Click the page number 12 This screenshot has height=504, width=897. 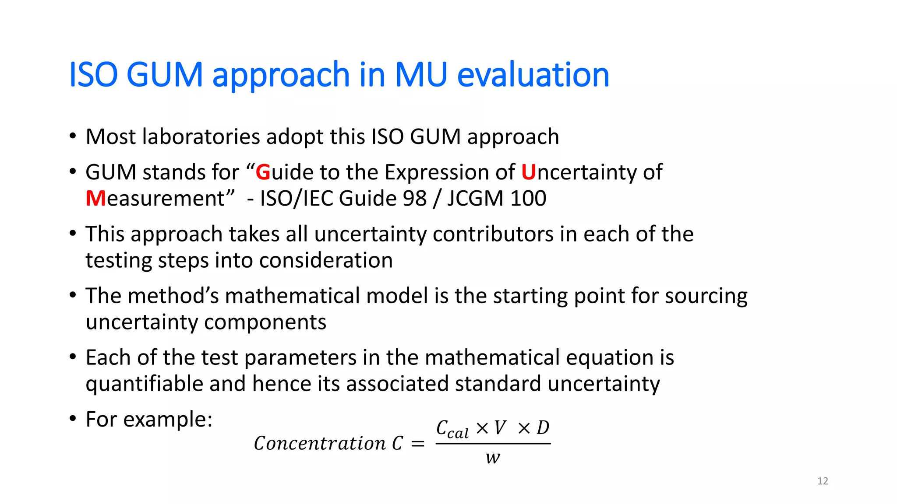823,481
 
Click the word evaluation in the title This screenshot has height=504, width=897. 533,74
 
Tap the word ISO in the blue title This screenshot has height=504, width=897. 93,74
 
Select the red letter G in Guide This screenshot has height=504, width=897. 263,172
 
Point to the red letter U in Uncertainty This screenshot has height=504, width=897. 528,172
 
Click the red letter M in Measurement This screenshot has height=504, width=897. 95,199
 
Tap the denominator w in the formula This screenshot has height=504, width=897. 492,458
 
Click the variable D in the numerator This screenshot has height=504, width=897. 543,428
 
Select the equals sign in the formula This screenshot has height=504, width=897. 418,444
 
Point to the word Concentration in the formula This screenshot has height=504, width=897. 320,443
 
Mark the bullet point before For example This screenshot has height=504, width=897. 73,419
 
